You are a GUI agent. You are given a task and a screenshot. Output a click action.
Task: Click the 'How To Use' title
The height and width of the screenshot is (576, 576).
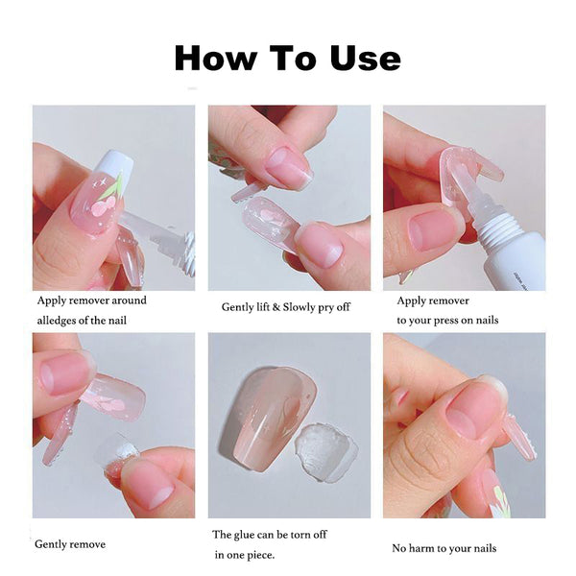287,58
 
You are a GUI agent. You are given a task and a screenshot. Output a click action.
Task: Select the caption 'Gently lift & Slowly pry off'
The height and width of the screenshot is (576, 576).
285,306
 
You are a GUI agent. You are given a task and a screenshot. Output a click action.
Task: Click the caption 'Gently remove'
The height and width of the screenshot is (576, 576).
70,544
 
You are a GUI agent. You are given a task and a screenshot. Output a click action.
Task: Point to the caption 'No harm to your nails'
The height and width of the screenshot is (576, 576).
444,547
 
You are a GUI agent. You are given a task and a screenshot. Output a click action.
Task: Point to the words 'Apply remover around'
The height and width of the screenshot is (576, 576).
91,300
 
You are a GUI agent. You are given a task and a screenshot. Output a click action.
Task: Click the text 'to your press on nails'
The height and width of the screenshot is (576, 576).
447,320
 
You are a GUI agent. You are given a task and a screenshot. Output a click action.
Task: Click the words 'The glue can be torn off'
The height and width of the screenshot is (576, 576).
272,534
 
